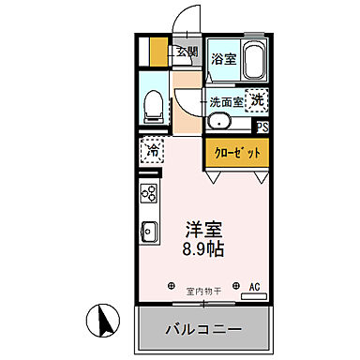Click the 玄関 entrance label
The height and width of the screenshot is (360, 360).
coord(186,52)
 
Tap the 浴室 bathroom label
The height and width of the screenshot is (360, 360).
coord(223,58)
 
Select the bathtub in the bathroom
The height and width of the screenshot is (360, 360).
coord(252,61)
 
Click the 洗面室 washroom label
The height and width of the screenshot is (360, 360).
coord(226,101)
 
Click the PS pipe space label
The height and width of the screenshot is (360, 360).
coord(263,127)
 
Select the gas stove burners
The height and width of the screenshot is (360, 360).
coord(149,193)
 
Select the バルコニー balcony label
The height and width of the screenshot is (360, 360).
coord(204,330)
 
